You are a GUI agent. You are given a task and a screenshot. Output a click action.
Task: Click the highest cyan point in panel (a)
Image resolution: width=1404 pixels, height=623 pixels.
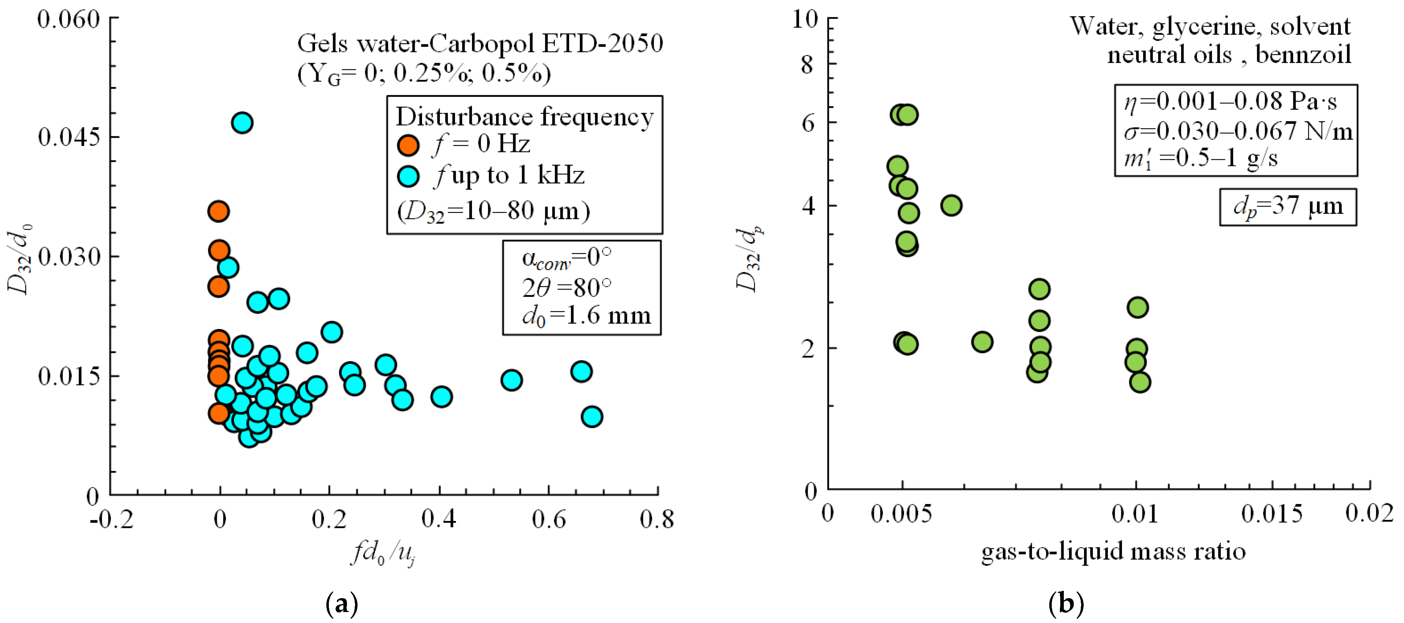tap(242, 123)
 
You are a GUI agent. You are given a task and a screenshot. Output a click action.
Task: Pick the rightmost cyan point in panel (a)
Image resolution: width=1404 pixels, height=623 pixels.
tap(591, 417)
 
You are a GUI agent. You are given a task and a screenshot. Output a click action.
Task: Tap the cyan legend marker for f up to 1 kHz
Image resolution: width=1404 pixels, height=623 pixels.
tap(408, 176)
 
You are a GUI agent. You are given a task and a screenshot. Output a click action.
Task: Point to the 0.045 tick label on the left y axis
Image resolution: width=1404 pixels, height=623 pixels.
tap(69, 137)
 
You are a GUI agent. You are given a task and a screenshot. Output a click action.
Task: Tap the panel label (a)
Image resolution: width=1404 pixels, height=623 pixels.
tap(342, 604)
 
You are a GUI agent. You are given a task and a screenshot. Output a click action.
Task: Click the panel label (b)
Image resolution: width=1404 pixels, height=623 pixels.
tap(1066, 604)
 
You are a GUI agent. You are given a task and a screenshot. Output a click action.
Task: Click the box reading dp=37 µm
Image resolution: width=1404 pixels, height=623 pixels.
tap(1287, 207)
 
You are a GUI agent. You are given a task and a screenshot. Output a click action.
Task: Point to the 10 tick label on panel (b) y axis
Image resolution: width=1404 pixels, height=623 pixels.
tap(805, 19)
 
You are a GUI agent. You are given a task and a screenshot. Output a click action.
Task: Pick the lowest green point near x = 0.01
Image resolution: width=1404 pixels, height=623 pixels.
tap(1140, 382)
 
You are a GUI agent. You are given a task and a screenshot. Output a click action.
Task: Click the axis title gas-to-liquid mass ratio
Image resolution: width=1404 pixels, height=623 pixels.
tap(1113, 551)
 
